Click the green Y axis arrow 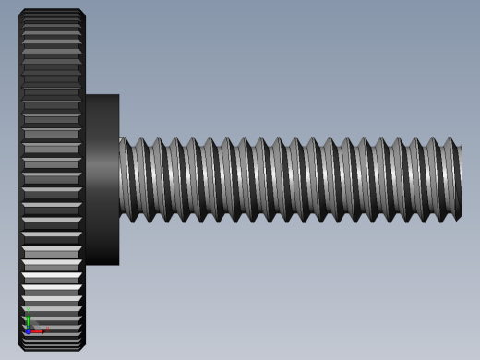pyautogui.click(x=29, y=319)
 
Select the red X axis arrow pyautogui.click(x=38, y=330)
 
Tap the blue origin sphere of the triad pyautogui.click(x=29, y=330)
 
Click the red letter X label pyautogui.click(x=46, y=329)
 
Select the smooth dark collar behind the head pyautogui.click(x=102, y=179)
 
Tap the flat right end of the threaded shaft pyautogui.click(x=460, y=180)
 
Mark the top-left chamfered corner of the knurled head pyautogui.click(x=21, y=12)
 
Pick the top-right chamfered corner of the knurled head pyautogui.click(x=82, y=12)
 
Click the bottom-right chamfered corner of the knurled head pyautogui.click(x=82, y=347)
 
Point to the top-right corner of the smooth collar pyautogui.click(x=118, y=95)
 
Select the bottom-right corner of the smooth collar pyautogui.click(x=118, y=264)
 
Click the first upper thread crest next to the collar pyautogui.click(x=125, y=139)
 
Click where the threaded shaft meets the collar pyautogui.click(x=120, y=179)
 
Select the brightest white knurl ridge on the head pyautogui.click(x=52, y=275)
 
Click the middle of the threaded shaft pyautogui.click(x=290, y=180)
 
